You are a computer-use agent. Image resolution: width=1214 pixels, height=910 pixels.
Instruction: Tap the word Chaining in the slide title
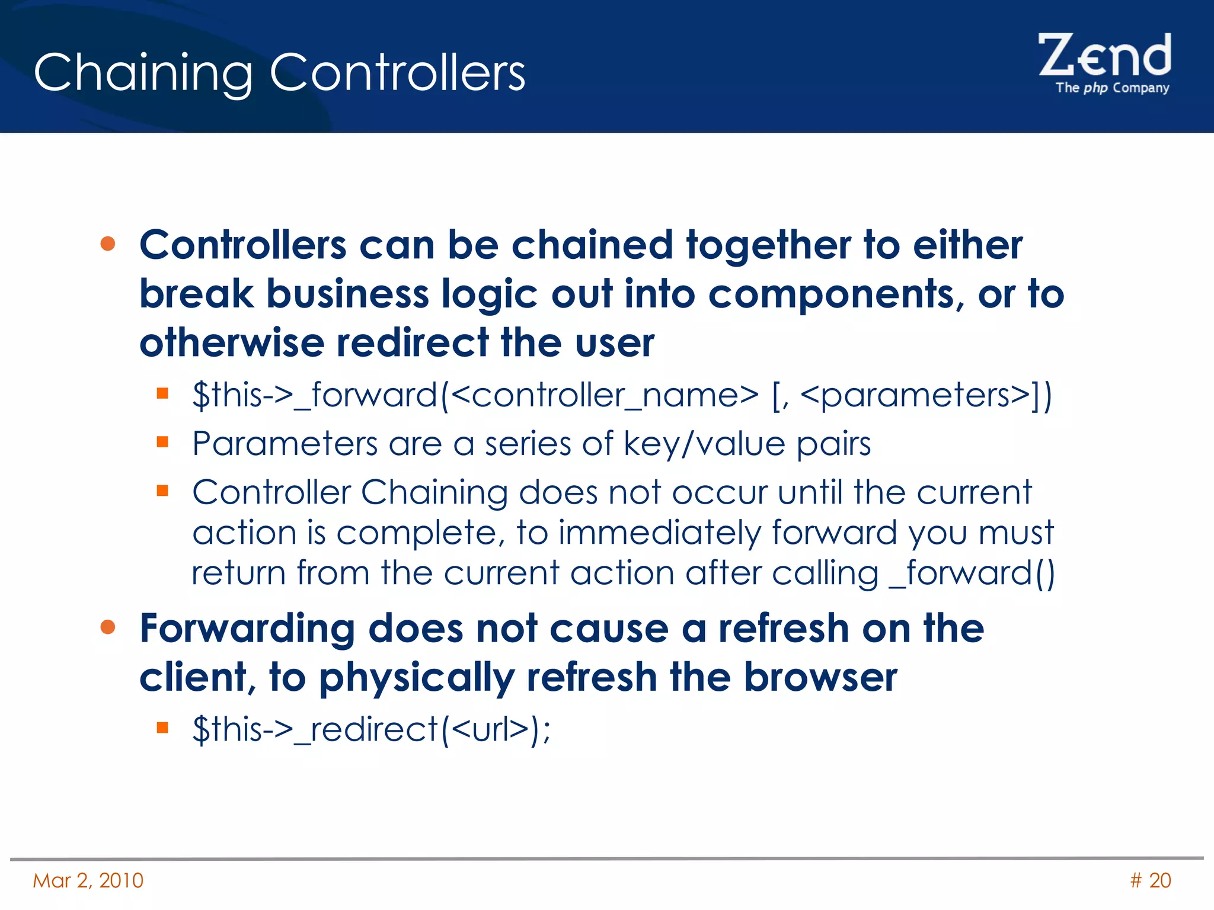click(143, 73)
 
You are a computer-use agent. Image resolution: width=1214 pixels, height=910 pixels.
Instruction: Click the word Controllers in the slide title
click(397, 72)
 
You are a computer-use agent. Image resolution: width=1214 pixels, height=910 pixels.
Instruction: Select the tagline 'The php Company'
click(1112, 88)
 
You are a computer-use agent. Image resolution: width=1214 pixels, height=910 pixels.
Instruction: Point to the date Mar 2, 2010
click(88, 880)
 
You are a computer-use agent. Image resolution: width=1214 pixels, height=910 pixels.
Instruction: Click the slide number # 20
click(1150, 880)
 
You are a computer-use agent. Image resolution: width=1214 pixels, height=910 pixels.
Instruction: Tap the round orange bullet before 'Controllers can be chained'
click(108, 244)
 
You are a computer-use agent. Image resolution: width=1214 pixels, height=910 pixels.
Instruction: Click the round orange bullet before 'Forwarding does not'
click(108, 627)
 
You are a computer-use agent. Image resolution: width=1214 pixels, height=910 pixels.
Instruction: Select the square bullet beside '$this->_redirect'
click(163, 727)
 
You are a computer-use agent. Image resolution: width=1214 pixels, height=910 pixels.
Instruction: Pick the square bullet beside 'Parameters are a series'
click(163, 442)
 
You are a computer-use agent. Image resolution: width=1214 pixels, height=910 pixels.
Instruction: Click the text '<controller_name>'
click(605, 395)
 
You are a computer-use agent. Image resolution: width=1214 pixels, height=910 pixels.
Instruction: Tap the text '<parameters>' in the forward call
click(915, 395)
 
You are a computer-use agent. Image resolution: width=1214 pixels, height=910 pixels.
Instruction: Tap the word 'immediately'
click(659, 533)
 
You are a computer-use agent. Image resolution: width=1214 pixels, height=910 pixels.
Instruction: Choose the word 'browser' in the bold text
click(820, 677)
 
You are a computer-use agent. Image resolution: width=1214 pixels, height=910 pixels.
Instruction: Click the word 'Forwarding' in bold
click(247, 629)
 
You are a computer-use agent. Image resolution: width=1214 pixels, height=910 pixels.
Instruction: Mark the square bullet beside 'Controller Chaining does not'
click(163, 491)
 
